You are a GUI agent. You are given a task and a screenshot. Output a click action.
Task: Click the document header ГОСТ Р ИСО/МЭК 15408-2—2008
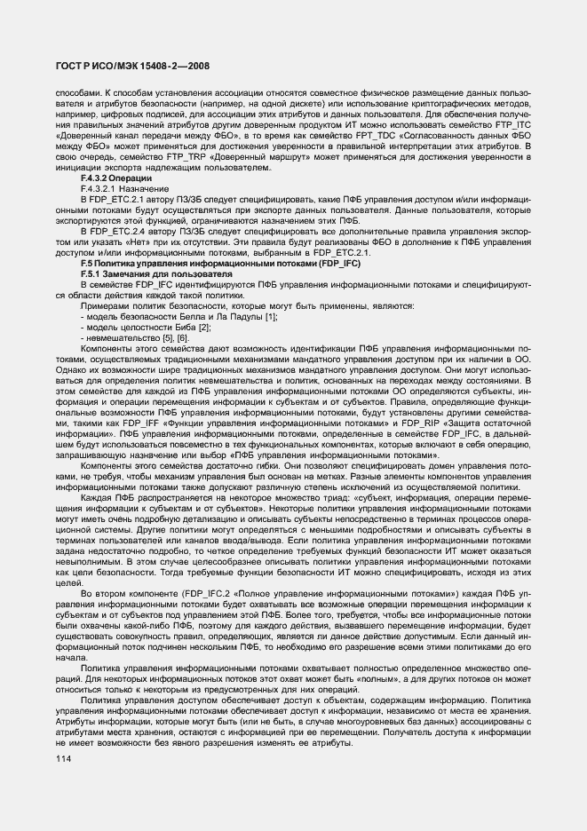[126, 67]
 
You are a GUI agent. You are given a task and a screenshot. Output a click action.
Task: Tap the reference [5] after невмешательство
[157, 338]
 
